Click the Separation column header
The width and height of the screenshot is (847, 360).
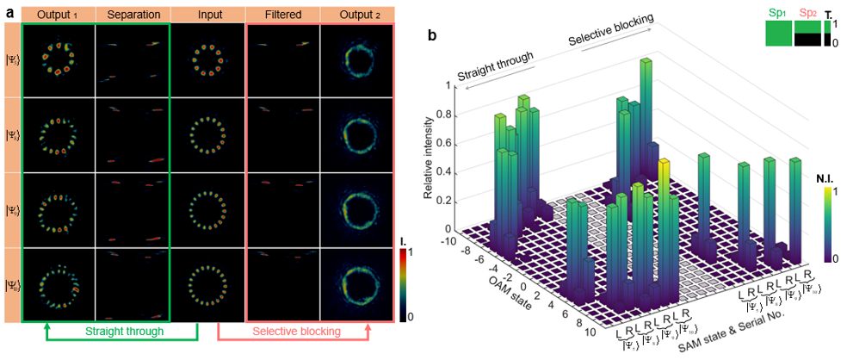coord(132,15)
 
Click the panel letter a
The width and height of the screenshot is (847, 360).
coord(9,13)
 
